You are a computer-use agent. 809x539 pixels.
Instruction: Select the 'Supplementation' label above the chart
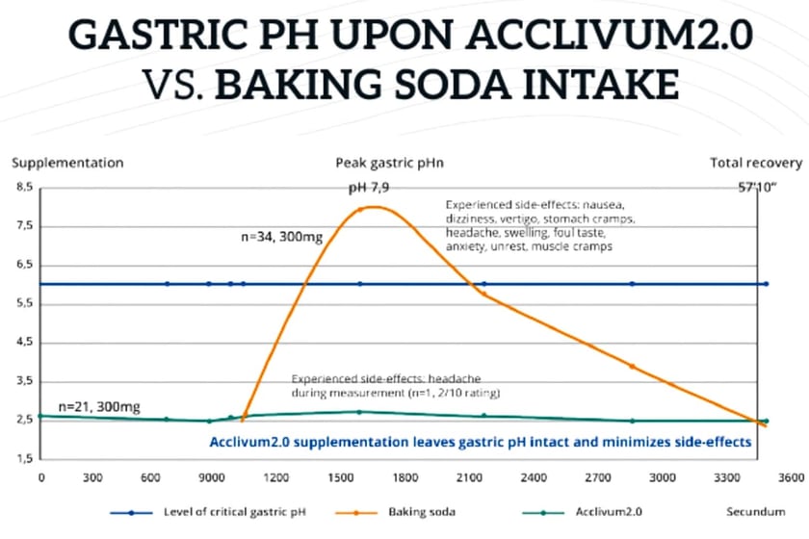[x=67, y=163]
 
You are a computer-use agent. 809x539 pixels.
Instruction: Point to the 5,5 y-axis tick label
[x=22, y=303]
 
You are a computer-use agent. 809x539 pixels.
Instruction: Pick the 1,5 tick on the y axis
[x=22, y=458]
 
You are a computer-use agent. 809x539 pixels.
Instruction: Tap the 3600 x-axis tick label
[x=765, y=475]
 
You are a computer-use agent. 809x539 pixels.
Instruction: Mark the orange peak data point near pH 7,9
[x=360, y=210]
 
